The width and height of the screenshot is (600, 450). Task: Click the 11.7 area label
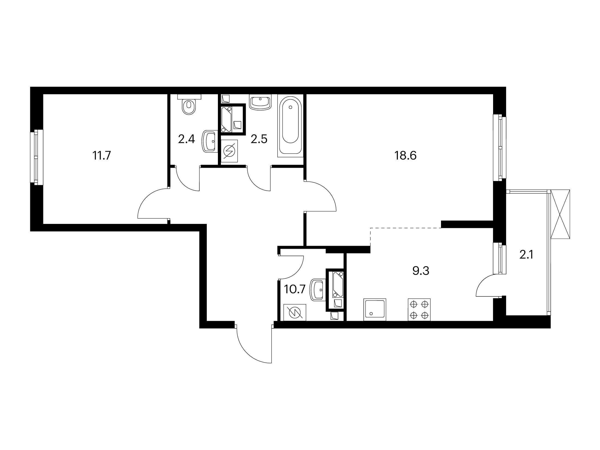[102, 156]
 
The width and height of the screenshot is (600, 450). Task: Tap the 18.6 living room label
[405, 156]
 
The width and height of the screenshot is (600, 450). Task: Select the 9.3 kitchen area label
[420, 271]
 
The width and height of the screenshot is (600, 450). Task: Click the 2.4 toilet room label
[187, 140]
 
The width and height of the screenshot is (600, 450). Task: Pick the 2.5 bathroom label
[259, 140]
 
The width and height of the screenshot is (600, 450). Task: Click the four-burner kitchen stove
[419, 310]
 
